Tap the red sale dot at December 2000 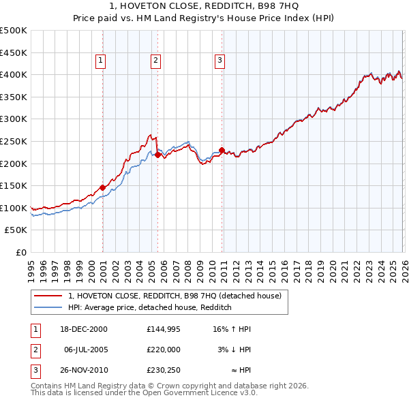coord(102,187)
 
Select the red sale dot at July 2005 coord(157,155)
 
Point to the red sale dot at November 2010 coord(222,150)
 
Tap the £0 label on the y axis coord(21,252)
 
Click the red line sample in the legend coord(48,296)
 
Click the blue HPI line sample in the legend coord(48,307)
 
